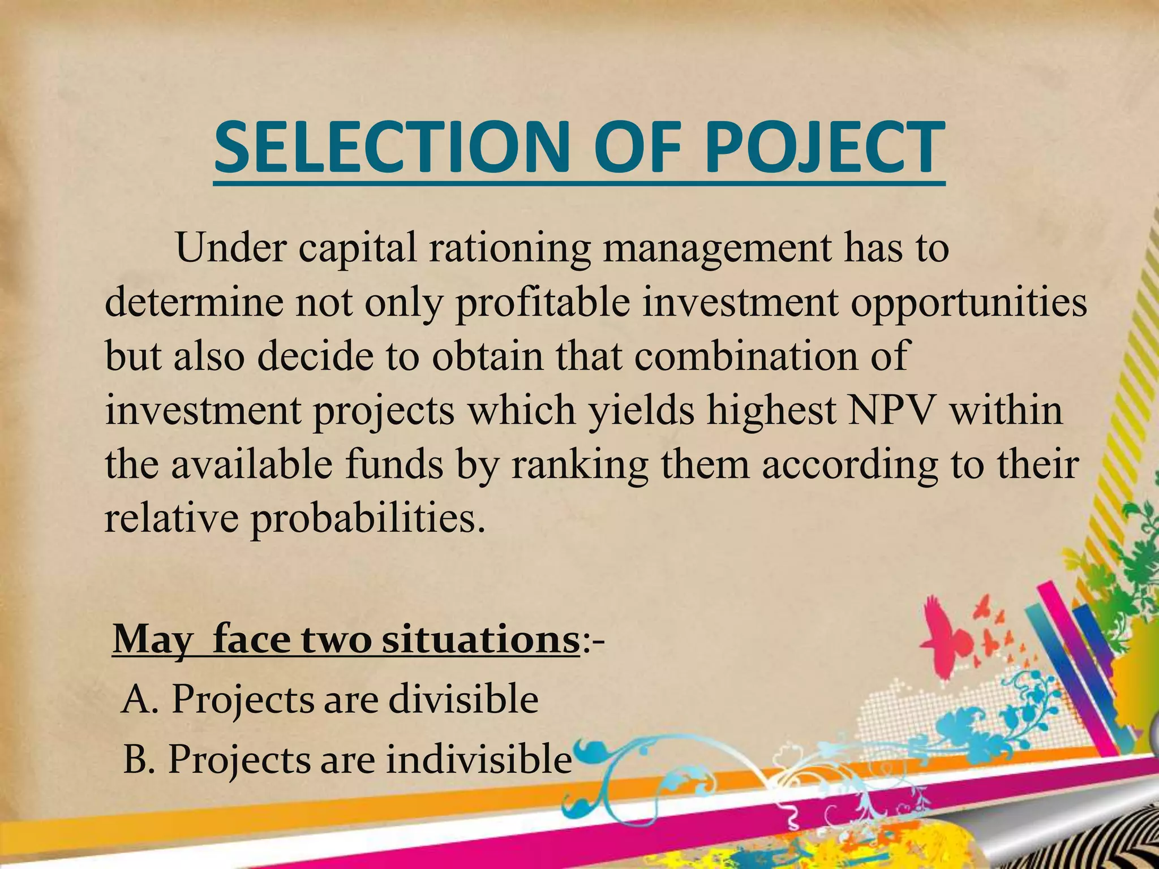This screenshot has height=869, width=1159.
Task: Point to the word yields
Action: (639, 411)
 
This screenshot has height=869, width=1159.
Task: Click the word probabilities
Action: (368, 518)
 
